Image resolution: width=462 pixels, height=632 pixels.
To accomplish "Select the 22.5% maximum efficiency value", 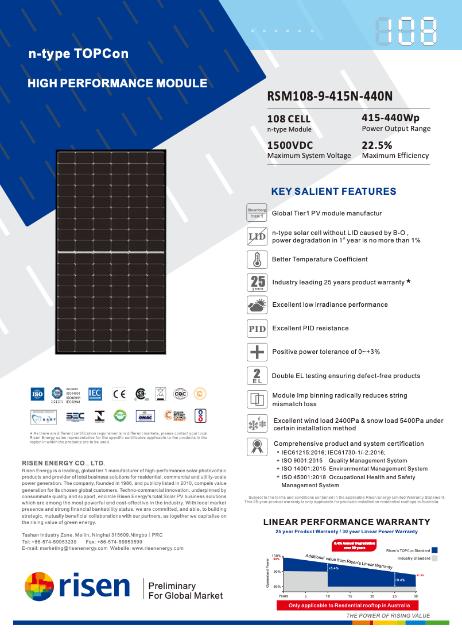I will (377, 145).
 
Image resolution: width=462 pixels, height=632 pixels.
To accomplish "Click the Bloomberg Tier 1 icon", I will (257, 213).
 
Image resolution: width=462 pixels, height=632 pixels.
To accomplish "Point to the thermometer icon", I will (257, 259).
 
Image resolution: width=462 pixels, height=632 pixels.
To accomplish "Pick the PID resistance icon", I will (257, 329).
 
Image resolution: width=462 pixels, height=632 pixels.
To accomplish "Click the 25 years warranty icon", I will (257, 282).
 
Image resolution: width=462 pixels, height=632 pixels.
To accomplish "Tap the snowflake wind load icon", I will (257, 424).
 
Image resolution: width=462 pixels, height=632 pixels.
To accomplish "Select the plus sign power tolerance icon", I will (257, 352).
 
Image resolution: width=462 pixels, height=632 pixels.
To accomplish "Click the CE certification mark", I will (119, 394).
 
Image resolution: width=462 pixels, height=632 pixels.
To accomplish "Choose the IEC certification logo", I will (95, 394).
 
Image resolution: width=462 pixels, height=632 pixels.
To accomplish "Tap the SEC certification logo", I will (75, 416).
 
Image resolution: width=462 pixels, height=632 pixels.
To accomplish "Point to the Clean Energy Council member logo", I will (174, 416).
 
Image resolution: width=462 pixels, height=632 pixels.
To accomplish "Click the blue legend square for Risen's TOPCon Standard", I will (434, 550).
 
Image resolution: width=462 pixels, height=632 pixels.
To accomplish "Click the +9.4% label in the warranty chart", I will (400, 580).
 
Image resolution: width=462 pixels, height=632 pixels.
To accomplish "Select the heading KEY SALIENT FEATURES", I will (333, 191).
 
